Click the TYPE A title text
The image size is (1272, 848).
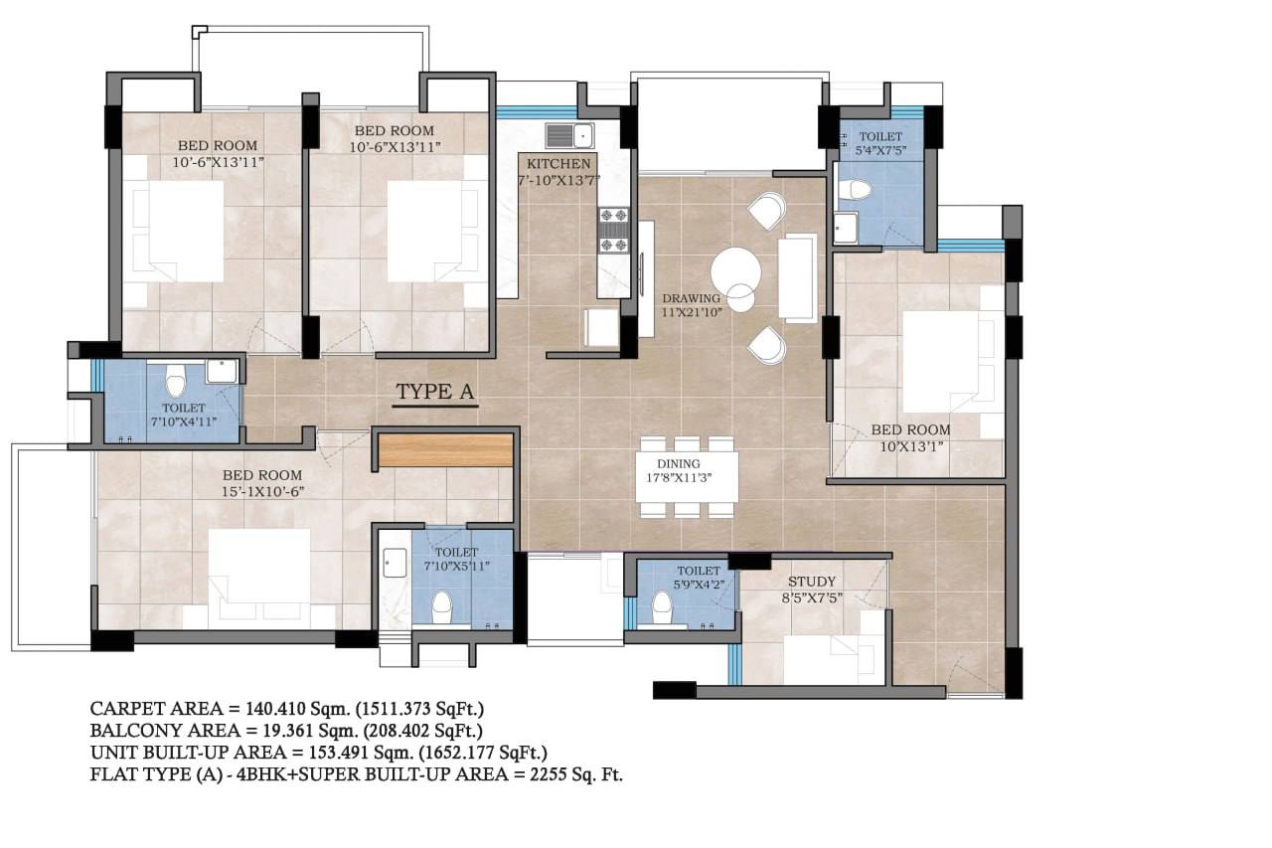click(x=435, y=392)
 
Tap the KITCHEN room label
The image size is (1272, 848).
click(x=558, y=164)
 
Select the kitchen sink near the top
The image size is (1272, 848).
click(x=570, y=136)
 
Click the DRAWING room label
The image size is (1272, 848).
click(x=691, y=298)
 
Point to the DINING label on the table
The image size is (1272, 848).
click(x=679, y=464)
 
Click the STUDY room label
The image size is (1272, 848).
click(x=812, y=582)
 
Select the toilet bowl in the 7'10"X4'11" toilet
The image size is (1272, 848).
click(x=175, y=381)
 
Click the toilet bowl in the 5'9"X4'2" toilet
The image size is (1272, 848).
click(x=662, y=608)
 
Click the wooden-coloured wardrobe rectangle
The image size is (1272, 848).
click(x=446, y=450)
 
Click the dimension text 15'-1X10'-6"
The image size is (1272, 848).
click(x=263, y=492)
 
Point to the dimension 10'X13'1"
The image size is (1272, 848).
click(x=911, y=447)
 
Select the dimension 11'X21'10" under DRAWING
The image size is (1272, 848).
click(x=692, y=312)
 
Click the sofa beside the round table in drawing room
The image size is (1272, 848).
click(x=797, y=278)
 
